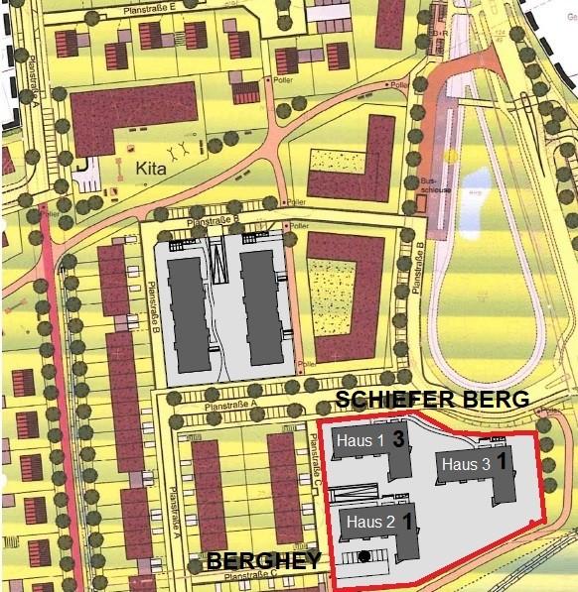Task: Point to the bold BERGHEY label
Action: pos(263,562)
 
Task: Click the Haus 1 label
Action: pos(360,440)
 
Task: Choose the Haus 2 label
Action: pos(368,521)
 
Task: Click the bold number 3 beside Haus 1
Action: pos(397,437)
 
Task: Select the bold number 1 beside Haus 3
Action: pos(504,461)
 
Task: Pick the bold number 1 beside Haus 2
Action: pos(406,519)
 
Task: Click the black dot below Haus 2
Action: pos(365,556)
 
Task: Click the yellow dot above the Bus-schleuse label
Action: pos(452,156)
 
